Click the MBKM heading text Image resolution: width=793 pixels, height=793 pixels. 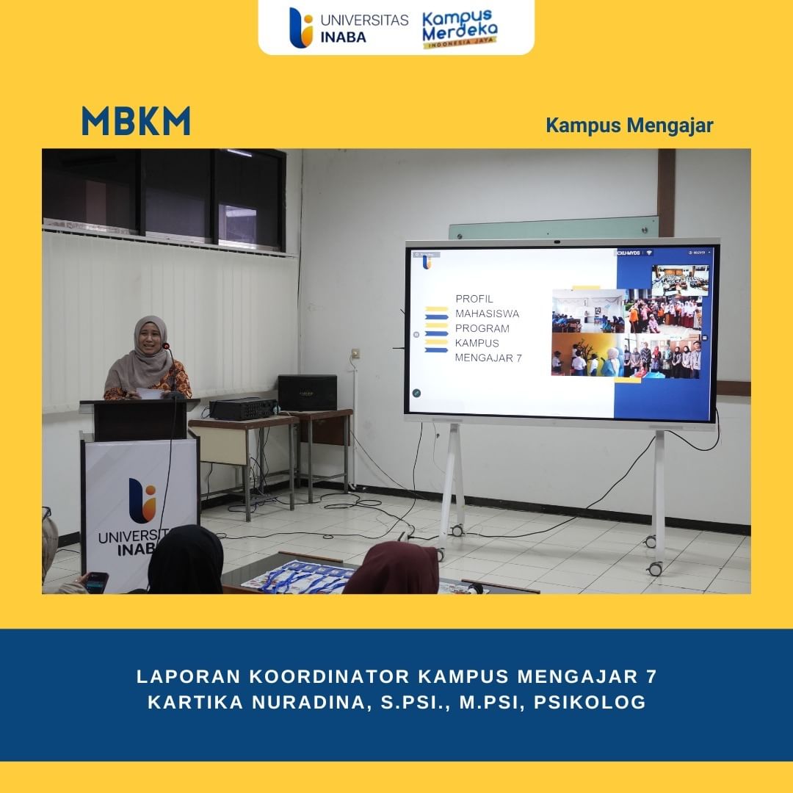136,122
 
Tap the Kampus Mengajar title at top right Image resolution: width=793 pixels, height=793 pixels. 629,126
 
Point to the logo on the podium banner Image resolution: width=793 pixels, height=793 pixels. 142,501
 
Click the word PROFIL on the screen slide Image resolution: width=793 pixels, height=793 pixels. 474,299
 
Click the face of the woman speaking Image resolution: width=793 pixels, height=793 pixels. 151,341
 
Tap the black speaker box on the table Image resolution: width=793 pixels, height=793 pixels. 307,393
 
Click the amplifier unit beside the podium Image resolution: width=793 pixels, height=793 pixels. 243,409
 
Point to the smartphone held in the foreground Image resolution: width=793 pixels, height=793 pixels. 97,582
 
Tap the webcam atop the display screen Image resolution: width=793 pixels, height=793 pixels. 557,241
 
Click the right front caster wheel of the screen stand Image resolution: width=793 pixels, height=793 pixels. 654,568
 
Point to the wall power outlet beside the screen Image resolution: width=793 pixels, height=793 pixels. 355,354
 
